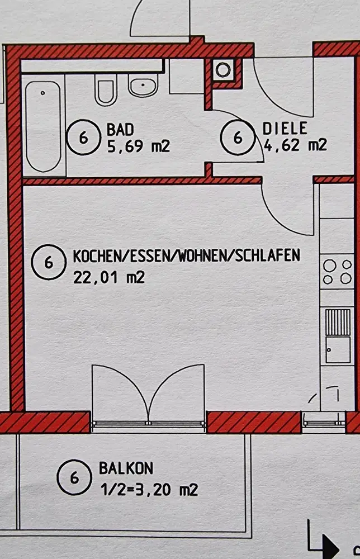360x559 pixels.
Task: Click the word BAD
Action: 120,130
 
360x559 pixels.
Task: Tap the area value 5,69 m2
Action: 139,146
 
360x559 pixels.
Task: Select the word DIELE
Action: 285,129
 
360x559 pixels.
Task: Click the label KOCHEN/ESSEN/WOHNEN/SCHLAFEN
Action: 186,255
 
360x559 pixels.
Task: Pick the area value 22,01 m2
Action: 109,277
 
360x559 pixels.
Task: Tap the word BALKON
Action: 126,468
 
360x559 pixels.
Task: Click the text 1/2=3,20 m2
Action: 149,490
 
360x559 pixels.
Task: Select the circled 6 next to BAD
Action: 84,138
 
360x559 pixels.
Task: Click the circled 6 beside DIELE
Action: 238,138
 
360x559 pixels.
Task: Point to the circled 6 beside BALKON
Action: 74,477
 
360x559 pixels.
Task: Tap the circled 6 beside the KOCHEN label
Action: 49,262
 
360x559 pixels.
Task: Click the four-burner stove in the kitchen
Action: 337,272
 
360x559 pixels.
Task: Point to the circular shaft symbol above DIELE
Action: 223,69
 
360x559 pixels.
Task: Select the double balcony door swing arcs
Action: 148,394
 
